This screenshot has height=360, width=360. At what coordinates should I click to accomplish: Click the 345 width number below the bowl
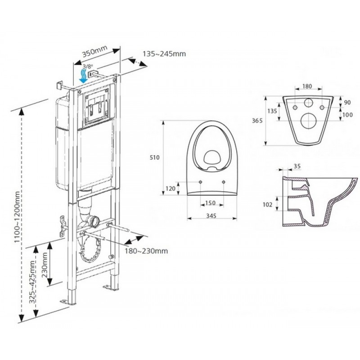[211, 216]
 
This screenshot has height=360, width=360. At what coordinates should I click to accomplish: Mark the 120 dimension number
[171, 189]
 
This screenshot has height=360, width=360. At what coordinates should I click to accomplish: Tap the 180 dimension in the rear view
[307, 86]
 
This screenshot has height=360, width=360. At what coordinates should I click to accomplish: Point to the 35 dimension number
[297, 166]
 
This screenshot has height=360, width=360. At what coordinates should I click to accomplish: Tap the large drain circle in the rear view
[307, 120]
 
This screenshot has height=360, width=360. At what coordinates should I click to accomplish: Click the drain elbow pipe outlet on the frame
[94, 221]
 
